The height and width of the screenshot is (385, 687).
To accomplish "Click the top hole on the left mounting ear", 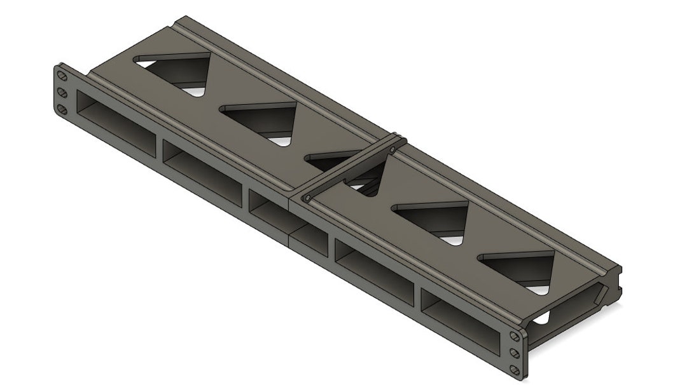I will point(62,75).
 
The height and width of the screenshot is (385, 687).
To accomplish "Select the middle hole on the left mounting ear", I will point(62,93).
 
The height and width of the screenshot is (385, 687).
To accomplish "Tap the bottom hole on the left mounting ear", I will point(62,110).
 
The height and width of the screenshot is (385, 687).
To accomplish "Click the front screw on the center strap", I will point(308,198).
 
